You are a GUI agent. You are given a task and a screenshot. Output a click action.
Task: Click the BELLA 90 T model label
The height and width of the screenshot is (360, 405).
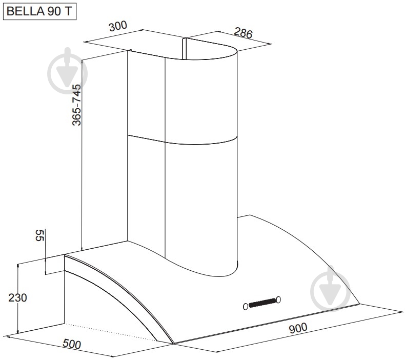(39, 12)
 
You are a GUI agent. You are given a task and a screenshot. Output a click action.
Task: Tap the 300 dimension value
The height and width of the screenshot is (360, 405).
(118, 26)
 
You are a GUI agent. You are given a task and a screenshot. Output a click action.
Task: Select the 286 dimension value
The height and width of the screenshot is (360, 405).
(243, 33)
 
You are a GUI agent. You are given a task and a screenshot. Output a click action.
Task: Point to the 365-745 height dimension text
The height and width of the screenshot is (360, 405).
(76, 105)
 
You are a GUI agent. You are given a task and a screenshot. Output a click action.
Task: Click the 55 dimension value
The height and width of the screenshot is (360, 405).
(40, 235)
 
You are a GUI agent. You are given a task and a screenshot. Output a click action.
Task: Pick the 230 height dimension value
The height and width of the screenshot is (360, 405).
(17, 298)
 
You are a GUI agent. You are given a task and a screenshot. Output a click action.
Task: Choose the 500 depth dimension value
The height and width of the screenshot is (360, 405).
(72, 344)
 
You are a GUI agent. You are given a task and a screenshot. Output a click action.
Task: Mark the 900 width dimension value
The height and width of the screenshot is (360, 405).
(298, 328)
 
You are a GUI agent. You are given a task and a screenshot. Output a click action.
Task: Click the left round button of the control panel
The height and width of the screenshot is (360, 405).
(246, 307)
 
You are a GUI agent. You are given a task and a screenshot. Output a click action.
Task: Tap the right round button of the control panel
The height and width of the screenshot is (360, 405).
(278, 299)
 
